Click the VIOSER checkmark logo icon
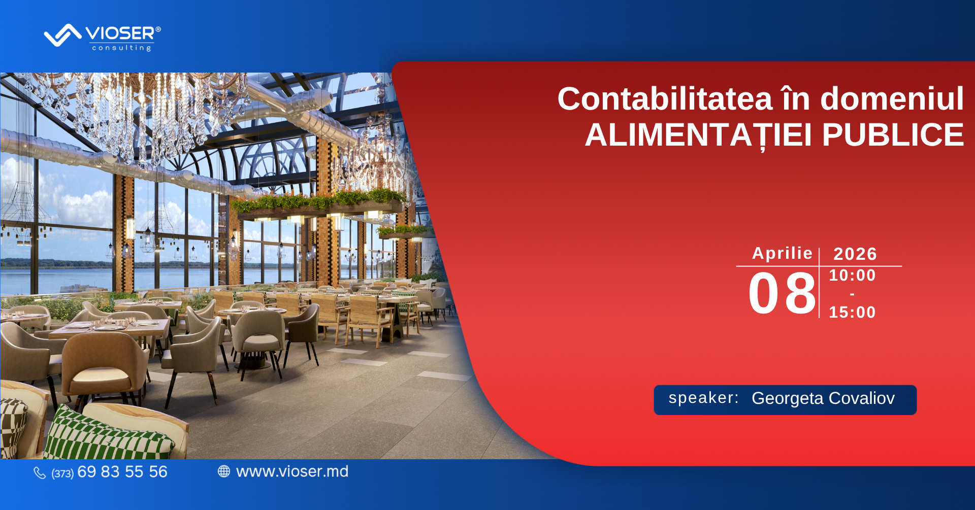click(62, 36)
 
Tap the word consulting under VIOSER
click(122, 48)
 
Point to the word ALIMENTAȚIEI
click(698, 135)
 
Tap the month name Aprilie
click(782, 253)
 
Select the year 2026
click(855, 254)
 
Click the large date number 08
click(782, 293)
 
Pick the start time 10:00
click(852, 275)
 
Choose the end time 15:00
click(852, 312)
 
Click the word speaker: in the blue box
click(703, 398)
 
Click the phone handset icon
click(40, 473)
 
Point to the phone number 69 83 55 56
click(122, 472)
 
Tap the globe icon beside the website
click(224, 471)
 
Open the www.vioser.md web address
click(292, 471)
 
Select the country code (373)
click(62, 473)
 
